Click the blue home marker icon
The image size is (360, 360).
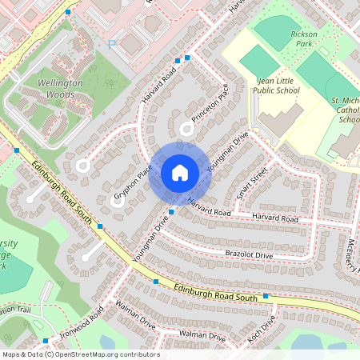point(180,173)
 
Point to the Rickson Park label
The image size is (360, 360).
point(305,39)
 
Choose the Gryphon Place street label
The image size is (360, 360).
point(133,182)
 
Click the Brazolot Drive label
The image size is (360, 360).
point(248,254)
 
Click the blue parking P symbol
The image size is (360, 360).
point(112,46)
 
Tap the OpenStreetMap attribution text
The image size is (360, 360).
point(80,354)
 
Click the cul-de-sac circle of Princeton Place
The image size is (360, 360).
point(187,127)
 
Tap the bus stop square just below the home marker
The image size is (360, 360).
point(172,212)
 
